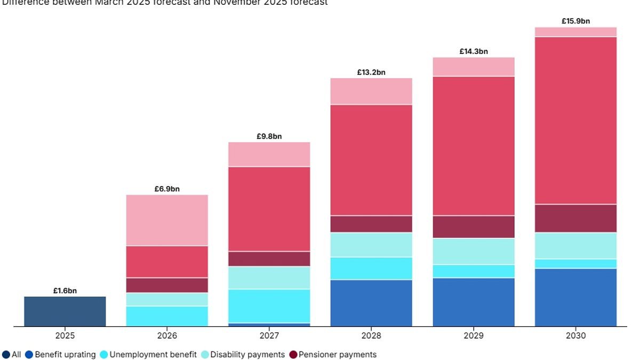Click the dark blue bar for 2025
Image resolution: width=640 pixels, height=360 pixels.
tap(65, 311)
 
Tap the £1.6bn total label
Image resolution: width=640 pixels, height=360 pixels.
tap(65, 291)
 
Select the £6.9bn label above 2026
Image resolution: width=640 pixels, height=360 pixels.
tap(167, 189)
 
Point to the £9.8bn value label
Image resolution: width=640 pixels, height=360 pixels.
tap(269, 137)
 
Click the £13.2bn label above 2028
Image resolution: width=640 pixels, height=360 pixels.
tap(371, 73)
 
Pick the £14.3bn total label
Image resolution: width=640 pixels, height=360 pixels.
tap(474, 52)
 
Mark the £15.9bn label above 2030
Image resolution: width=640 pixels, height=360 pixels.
tap(576, 21)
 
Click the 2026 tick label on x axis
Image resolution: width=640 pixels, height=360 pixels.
tap(167, 336)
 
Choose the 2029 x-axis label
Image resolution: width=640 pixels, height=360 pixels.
tap(474, 336)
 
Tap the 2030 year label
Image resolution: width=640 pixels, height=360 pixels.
tap(576, 336)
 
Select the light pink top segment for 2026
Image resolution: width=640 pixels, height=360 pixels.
tap(167, 220)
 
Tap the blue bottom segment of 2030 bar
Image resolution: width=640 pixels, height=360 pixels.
tap(576, 298)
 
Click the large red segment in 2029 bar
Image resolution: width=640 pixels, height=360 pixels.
tap(474, 146)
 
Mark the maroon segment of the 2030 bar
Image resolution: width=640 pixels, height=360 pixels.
tap(576, 219)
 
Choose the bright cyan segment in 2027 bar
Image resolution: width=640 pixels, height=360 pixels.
tap(269, 306)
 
